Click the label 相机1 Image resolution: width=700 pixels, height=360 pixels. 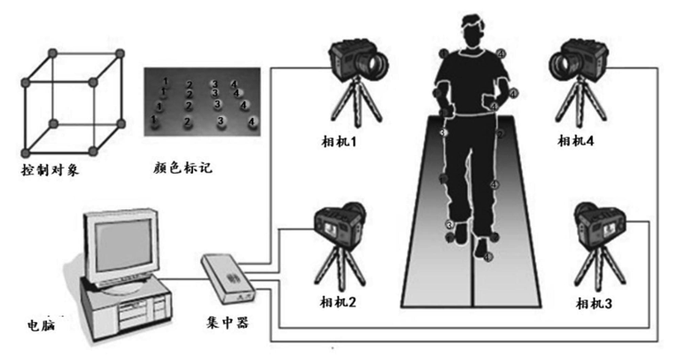click(x=342, y=142)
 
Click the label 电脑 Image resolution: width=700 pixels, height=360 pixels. click(x=41, y=325)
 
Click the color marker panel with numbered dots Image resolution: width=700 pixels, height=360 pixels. click(x=203, y=103)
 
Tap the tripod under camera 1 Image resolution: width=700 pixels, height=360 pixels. click(x=354, y=106)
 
